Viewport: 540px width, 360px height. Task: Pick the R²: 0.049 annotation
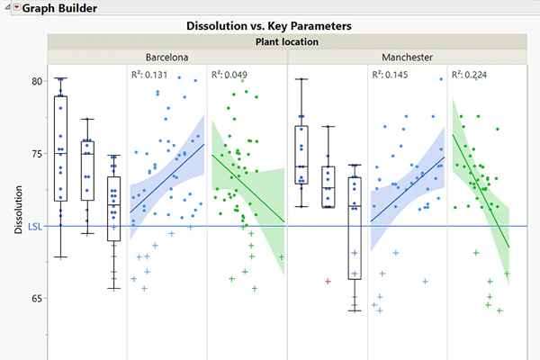click(x=230, y=76)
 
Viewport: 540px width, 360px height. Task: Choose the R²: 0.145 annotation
click(x=392, y=76)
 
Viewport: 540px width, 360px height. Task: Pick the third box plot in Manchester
click(x=355, y=229)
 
